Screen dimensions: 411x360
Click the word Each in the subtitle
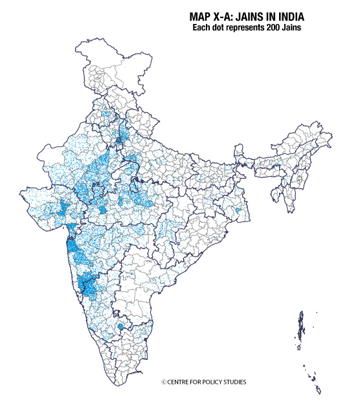(x=203, y=28)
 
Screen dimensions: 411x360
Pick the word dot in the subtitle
(x=223, y=28)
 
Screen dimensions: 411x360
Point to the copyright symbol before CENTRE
(x=164, y=382)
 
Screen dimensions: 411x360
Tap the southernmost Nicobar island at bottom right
(x=318, y=390)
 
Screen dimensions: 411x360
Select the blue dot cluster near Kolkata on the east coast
(x=239, y=212)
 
